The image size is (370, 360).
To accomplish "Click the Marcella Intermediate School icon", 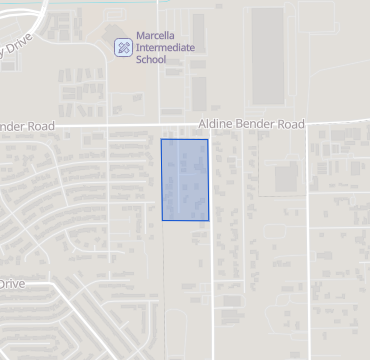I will [122, 46].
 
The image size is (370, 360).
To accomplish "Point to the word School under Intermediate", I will [151, 59].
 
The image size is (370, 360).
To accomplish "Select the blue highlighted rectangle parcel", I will [185, 180].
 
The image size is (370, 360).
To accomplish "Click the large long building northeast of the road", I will [267, 57].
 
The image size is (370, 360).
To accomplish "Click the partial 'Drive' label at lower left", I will [12, 284].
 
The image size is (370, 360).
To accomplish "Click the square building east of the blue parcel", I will [286, 178].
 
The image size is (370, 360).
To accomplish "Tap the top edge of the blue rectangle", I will [185, 139].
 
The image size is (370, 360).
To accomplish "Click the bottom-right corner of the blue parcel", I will [208, 220].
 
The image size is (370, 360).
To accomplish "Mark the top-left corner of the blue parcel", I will [162, 139].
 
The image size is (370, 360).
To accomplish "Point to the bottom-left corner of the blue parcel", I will [162, 220].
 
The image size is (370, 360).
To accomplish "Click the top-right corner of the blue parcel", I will [208, 139].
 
